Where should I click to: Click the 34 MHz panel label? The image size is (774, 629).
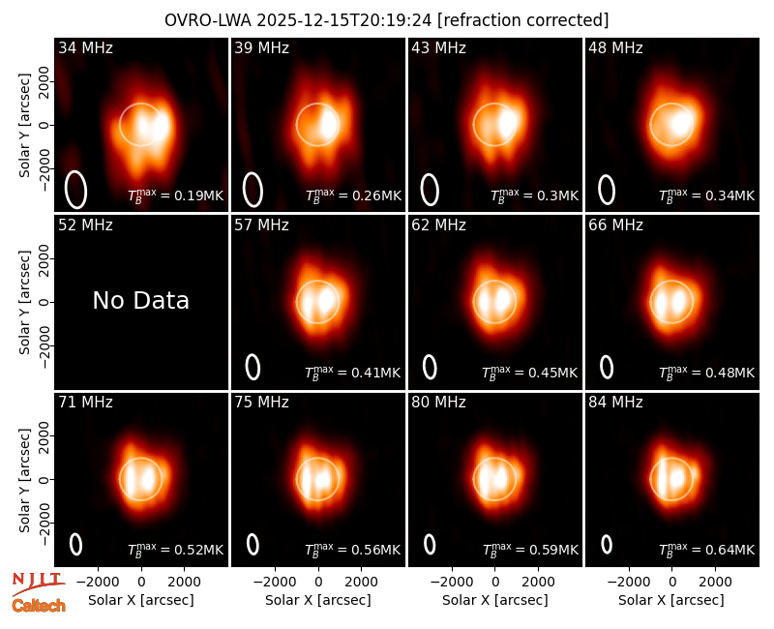click(x=85, y=47)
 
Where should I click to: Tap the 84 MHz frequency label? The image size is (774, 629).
click(x=615, y=403)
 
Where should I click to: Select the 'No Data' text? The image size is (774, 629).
click(x=140, y=301)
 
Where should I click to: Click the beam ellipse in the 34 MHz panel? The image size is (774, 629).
click(x=75, y=190)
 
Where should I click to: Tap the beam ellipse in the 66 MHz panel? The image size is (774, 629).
click(x=607, y=367)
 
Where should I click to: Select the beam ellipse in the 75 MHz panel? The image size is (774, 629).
click(x=253, y=544)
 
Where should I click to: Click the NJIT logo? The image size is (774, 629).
click(x=38, y=584)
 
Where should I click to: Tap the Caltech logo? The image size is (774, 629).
click(x=39, y=606)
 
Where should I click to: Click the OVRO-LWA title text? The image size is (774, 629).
click(x=208, y=20)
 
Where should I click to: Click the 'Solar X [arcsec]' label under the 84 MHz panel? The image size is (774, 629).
click(x=671, y=600)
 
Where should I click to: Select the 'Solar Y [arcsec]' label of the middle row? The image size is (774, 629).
click(x=25, y=302)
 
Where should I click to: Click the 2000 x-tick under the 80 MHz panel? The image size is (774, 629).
click(x=538, y=583)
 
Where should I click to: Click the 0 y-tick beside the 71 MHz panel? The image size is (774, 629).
click(x=45, y=479)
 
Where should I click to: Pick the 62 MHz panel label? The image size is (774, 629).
click(x=439, y=225)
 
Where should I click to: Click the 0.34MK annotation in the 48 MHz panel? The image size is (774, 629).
click(x=707, y=195)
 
